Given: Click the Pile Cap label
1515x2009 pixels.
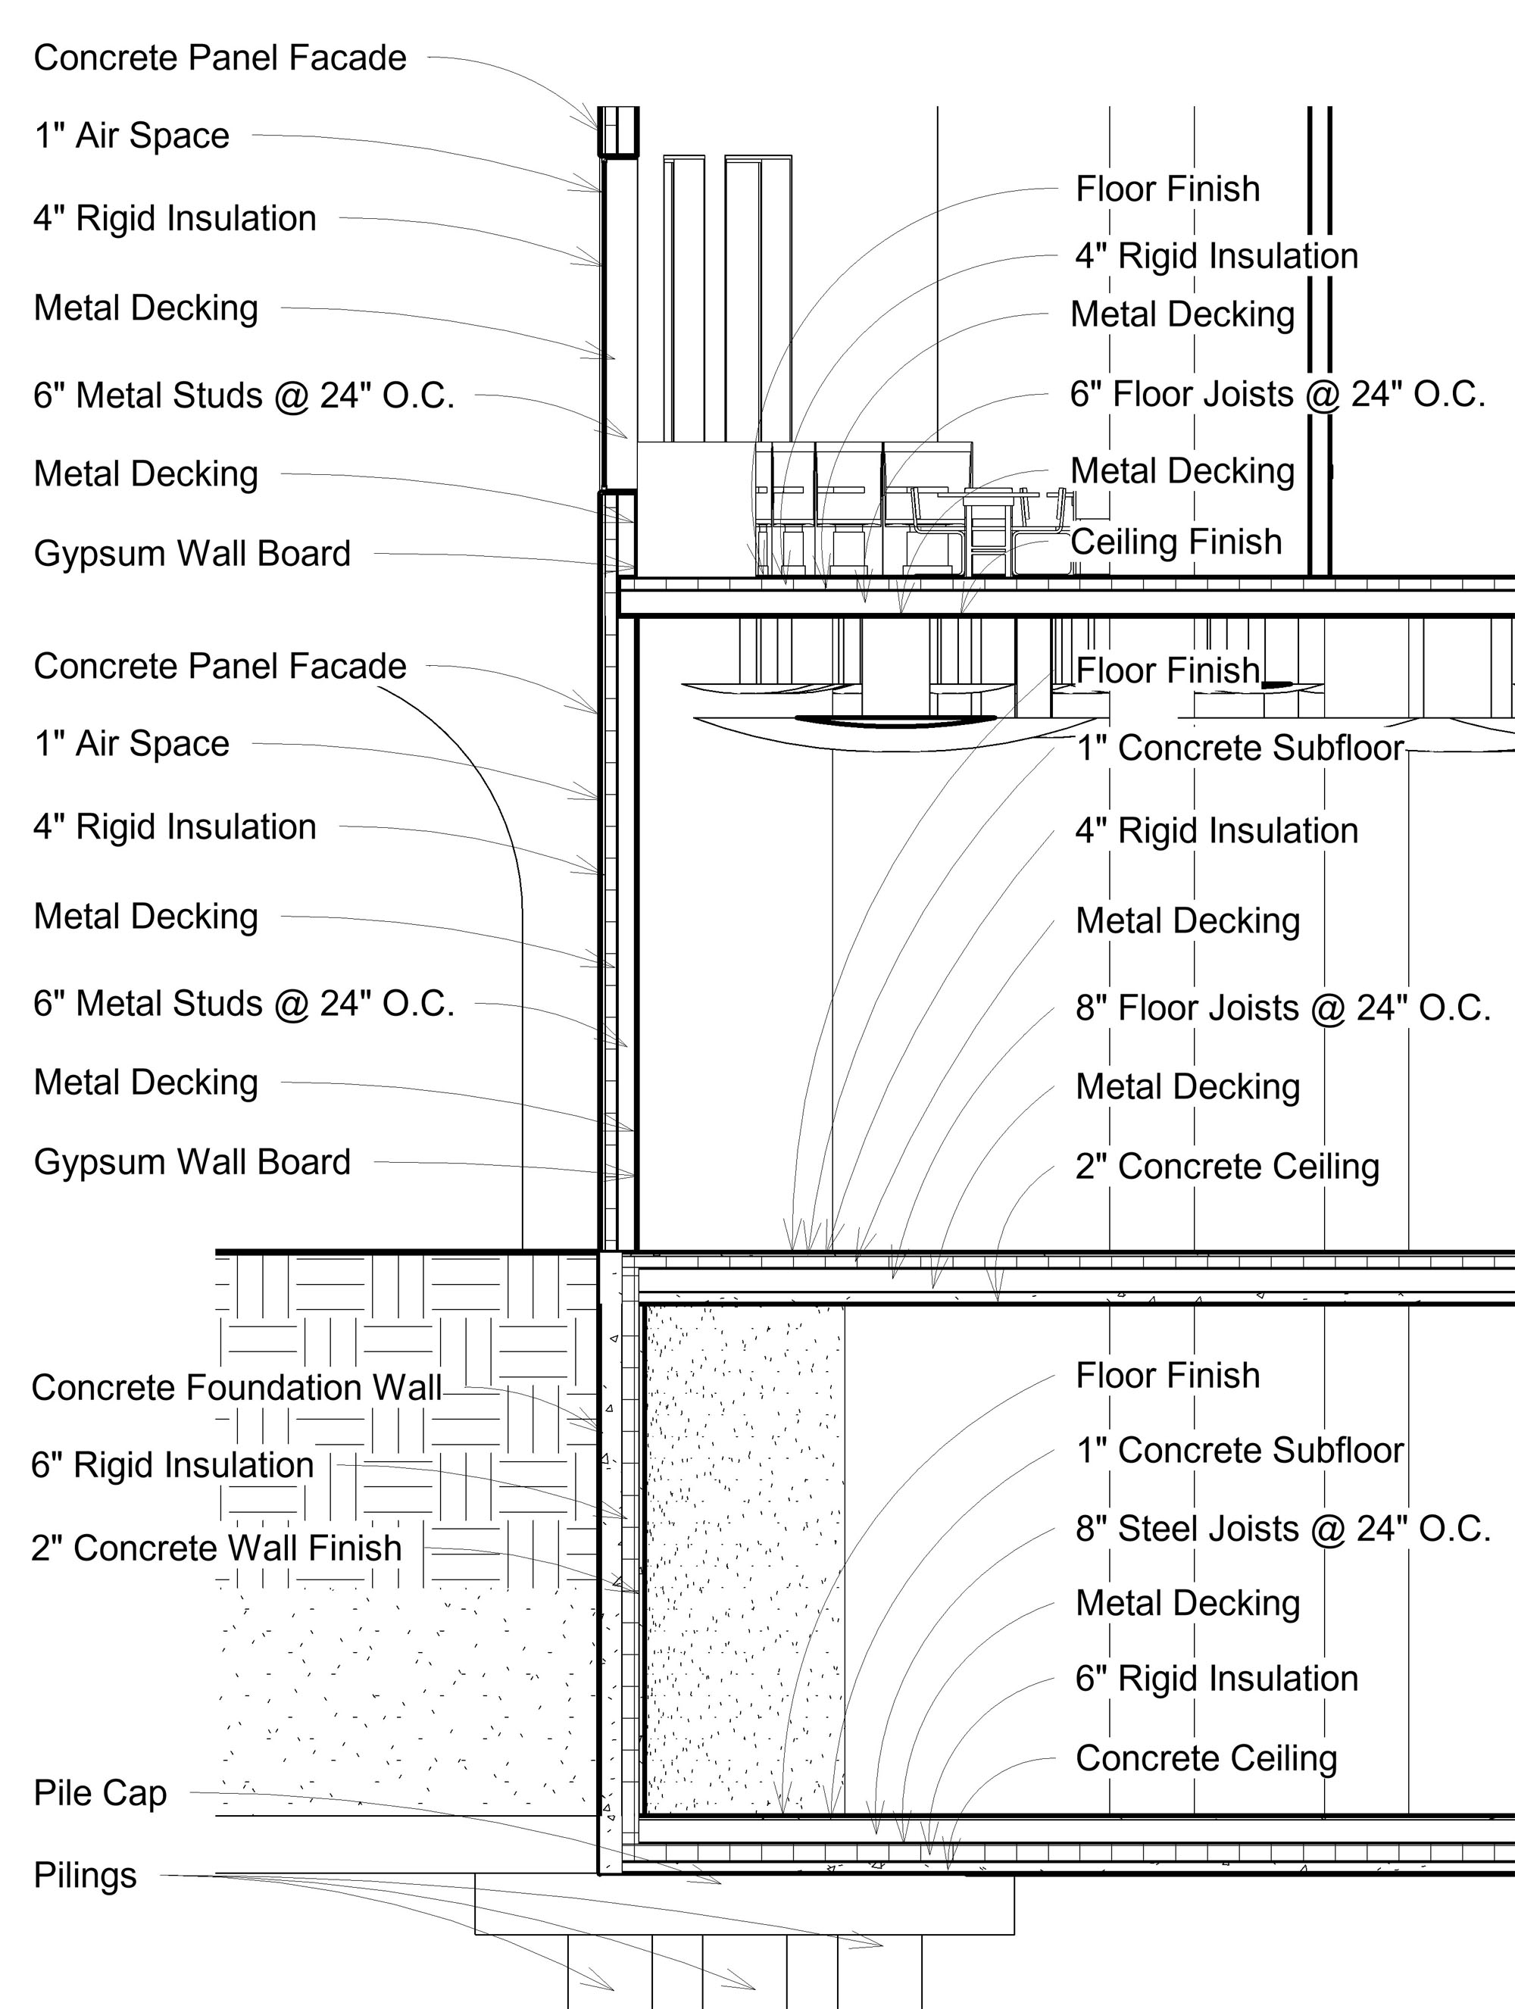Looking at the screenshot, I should click(x=100, y=1795).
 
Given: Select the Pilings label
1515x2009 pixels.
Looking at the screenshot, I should click(x=85, y=1876).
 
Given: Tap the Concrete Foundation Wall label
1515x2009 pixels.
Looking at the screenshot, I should click(x=236, y=1388).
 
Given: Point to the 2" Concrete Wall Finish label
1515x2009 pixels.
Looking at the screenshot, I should click(x=216, y=1548).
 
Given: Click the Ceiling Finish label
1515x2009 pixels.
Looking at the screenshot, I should click(x=1176, y=542).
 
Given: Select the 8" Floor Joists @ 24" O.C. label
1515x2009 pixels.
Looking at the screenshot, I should click(x=1282, y=1008).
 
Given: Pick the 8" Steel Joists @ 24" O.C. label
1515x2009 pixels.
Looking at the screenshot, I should click(x=1282, y=1529).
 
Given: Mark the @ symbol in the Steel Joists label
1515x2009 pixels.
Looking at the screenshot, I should click(x=1327, y=1530).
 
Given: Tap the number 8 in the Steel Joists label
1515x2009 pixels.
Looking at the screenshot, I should click(x=1085, y=1529).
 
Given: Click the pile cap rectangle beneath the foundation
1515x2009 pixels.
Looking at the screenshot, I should click(x=745, y=1904).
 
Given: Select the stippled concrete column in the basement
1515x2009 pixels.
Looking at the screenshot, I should click(x=743, y=1558).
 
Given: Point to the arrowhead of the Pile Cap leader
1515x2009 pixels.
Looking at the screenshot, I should click(x=717, y=1882).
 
